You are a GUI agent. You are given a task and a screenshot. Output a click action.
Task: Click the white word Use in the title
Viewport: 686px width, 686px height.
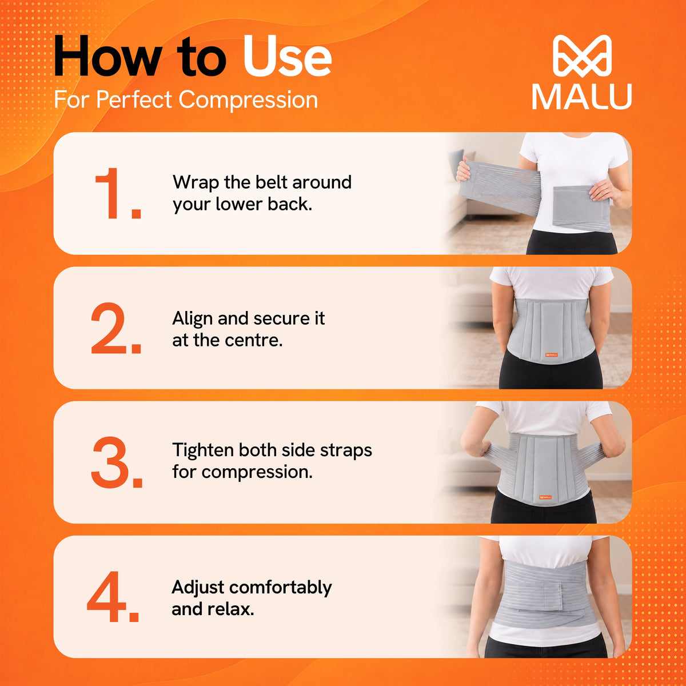288,56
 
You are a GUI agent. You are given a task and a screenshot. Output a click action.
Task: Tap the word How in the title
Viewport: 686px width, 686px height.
107,56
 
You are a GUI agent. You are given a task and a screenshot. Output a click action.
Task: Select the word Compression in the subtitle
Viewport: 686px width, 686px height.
248,100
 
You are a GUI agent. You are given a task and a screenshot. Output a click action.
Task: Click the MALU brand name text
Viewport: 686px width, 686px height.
582,97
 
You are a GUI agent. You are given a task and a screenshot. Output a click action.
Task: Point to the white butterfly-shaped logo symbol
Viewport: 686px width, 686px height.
582,56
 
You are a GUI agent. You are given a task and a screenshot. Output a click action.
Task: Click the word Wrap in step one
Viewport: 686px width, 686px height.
196,183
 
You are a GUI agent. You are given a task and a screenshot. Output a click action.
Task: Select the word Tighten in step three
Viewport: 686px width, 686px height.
203,450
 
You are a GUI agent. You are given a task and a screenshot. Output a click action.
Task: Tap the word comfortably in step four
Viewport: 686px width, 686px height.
281,588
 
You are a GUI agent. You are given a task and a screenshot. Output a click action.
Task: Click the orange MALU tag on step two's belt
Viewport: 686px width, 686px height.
552,355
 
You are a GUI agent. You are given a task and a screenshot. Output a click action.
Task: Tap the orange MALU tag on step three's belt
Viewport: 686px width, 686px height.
546,497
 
